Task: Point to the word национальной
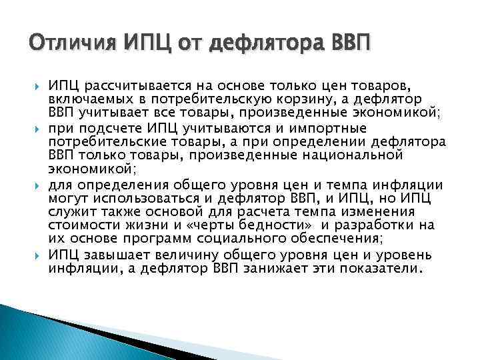363,155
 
